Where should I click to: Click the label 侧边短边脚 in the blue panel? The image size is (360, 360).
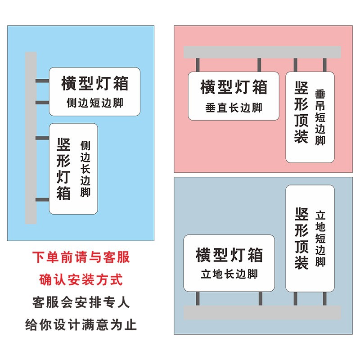(x=94, y=103)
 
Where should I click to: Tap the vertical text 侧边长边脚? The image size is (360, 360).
(x=85, y=169)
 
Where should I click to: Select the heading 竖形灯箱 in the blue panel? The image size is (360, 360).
(x=64, y=169)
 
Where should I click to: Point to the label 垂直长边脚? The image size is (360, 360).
(x=233, y=108)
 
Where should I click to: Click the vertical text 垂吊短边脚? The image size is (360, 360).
(x=320, y=117)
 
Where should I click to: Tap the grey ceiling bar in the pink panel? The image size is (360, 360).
(x=262, y=52)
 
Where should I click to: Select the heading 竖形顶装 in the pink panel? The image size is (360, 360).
(x=301, y=112)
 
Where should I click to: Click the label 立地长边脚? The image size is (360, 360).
(x=229, y=274)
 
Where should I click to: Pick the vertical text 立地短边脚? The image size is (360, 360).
(x=320, y=238)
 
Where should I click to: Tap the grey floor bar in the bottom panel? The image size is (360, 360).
(x=262, y=313)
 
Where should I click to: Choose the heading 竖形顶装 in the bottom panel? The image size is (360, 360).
(x=301, y=238)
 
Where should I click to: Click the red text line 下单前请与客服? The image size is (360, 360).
(x=81, y=257)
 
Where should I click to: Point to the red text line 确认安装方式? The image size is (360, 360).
(x=81, y=280)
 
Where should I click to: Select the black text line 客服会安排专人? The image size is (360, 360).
(x=81, y=302)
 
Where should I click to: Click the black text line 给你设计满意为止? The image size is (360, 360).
(x=81, y=324)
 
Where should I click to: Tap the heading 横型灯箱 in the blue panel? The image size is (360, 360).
(x=94, y=83)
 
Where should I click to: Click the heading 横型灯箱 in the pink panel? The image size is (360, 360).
(x=234, y=87)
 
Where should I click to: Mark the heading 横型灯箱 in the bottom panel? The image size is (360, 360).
(x=229, y=255)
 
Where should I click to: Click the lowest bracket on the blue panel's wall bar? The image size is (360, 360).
(x=43, y=199)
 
